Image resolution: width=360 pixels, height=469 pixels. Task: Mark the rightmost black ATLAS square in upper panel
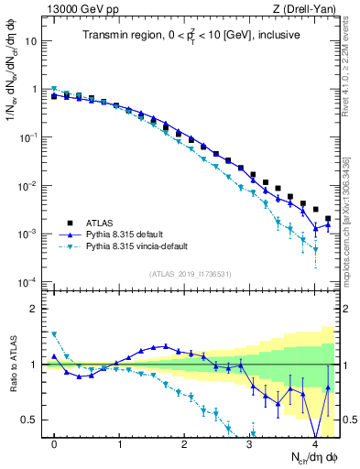coord(328,219)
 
